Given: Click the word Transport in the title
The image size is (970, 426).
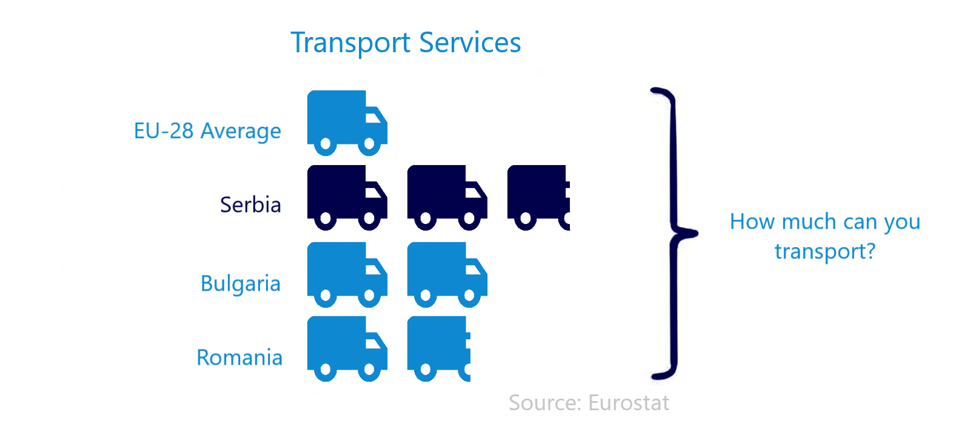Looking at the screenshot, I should pyautogui.click(x=350, y=43).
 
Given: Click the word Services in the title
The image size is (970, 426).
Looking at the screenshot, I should pyautogui.click(x=470, y=43).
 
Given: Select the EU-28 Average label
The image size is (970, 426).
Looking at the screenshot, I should pyautogui.click(x=207, y=131).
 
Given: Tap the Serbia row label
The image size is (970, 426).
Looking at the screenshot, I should pyautogui.click(x=250, y=205).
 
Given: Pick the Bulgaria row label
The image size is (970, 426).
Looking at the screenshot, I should pyautogui.click(x=241, y=284).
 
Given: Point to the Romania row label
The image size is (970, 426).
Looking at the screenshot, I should pyautogui.click(x=239, y=358).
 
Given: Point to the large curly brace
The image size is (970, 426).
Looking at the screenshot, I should pyautogui.click(x=673, y=233).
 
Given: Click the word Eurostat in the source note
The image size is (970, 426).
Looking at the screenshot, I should pyautogui.click(x=629, y=403).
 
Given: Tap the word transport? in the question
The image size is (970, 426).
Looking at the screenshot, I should pyautogui.click(x=825, y=251).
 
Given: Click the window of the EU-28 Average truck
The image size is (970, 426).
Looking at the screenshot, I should pyautogui.click(x=375, y=115).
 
